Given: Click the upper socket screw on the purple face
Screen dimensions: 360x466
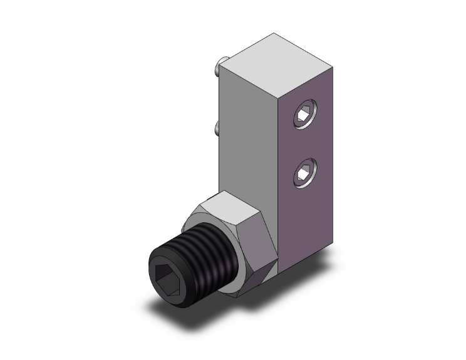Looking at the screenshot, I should coord(306,116).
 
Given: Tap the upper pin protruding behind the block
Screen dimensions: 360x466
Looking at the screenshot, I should coord(216,64).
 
